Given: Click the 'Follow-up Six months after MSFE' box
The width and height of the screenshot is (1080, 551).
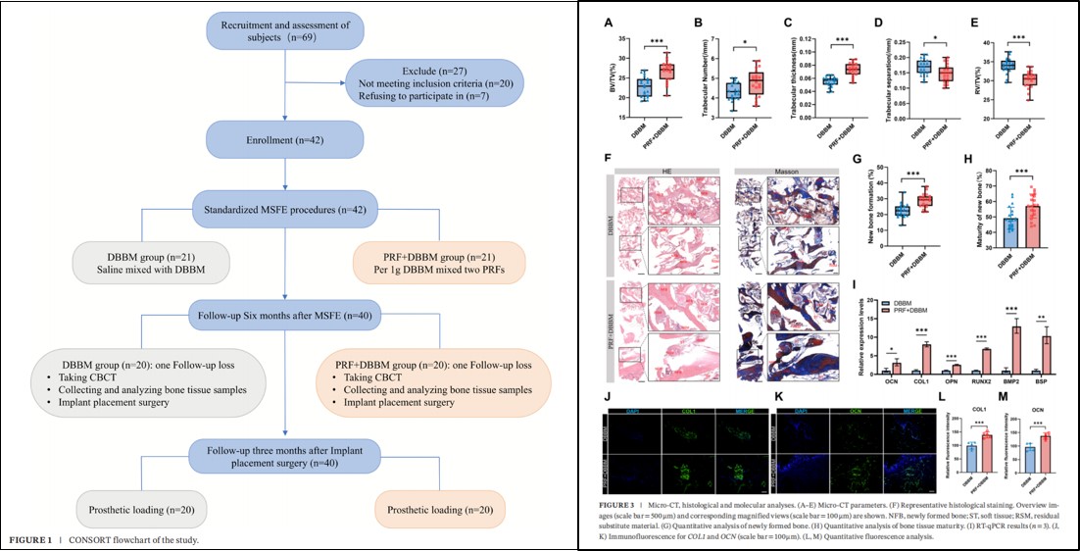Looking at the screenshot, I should (x=285, y=317).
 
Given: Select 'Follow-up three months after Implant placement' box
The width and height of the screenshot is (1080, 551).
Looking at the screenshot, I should (x=285, y=455).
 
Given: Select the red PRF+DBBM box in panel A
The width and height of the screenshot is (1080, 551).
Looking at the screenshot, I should (x=667, y=71).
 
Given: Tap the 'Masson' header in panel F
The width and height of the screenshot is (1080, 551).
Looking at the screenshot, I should (x=786, y=171).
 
